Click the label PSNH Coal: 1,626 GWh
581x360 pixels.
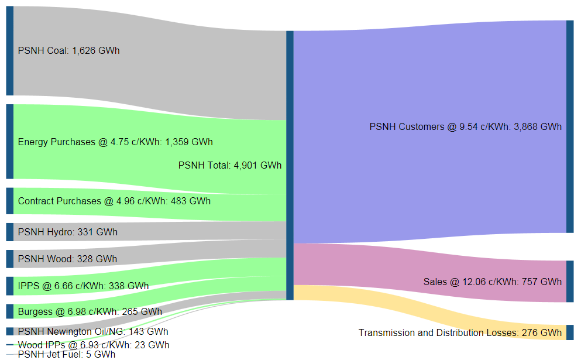coord(68,51)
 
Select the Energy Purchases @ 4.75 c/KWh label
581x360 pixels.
coord(115,142)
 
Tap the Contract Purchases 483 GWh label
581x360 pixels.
coord(114,201)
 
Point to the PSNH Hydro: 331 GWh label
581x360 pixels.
coord(67,232)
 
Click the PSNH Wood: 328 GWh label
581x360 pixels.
coord(67,259)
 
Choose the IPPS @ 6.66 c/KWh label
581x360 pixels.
coord(83,286)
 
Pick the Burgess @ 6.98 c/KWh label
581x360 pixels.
coord(90,311)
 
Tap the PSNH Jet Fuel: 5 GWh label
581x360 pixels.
coord(66,354)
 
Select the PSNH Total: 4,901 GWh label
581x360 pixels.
coord(229,166)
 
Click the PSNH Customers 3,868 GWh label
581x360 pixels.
coord(465,127)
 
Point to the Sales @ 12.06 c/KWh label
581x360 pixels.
coord(492,282)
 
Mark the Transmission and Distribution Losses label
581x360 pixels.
coord(460,333)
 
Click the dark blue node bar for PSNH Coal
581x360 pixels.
coord(9,51)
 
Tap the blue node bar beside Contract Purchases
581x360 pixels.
coord(9,201)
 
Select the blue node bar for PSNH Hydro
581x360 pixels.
coord(9,232)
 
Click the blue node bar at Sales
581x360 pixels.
coord(570,282)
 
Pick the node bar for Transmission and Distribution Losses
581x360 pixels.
coord(570,332)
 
